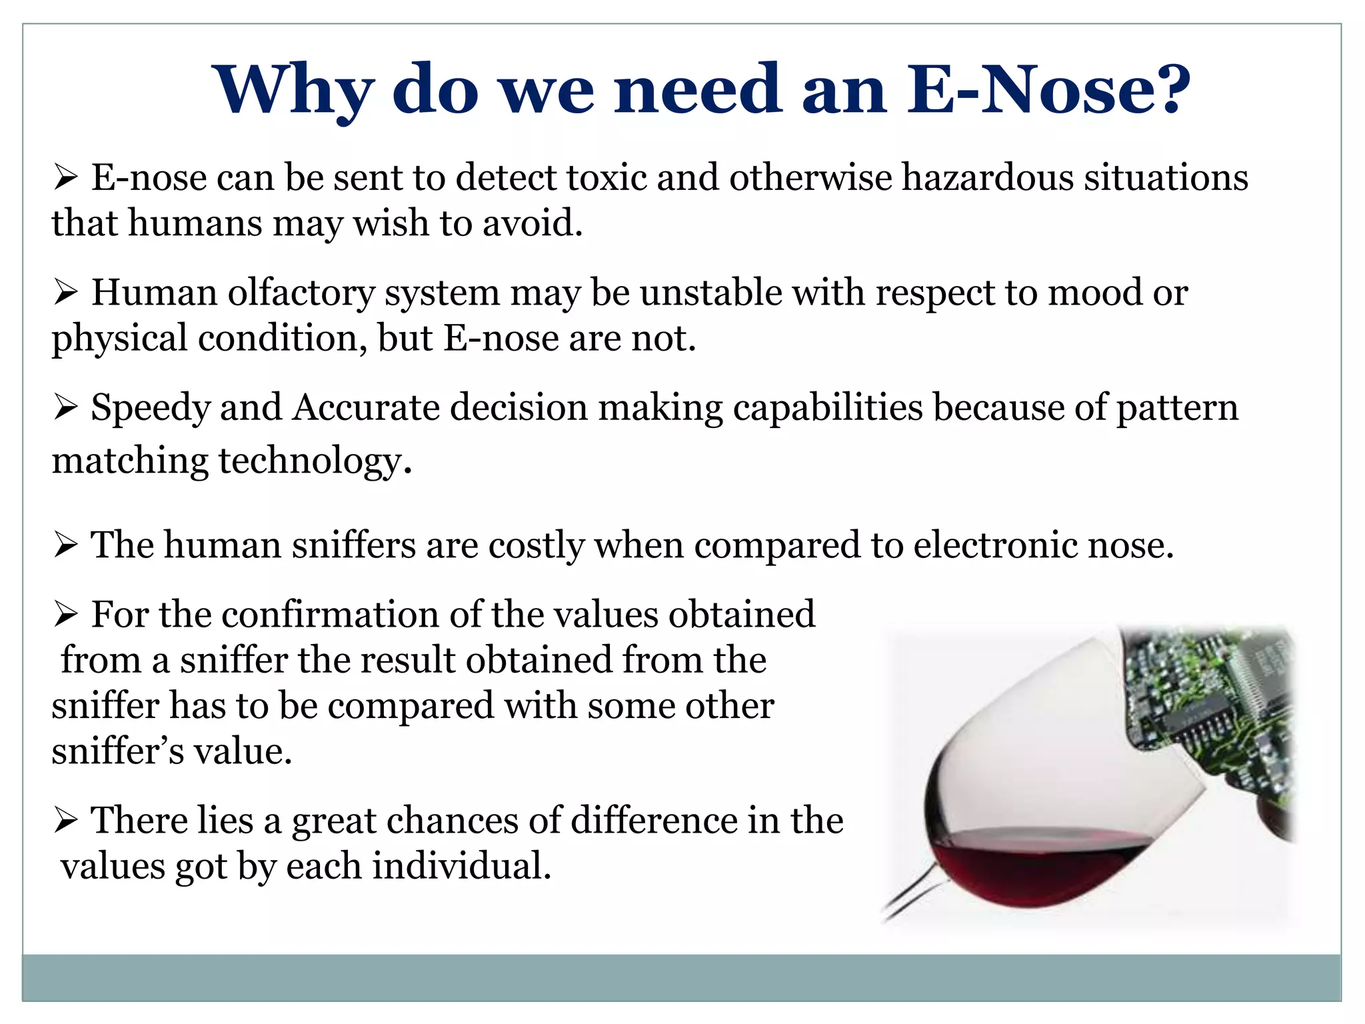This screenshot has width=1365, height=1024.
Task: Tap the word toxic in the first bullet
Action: click(607, 178)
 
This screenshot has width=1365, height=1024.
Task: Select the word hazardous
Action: click(987, 178)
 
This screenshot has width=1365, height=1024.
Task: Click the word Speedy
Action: click(150, 408)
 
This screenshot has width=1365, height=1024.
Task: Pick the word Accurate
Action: click(366, 408)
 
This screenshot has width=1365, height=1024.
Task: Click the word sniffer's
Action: click(117, 752)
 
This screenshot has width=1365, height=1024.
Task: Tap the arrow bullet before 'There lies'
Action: click(66, 821)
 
